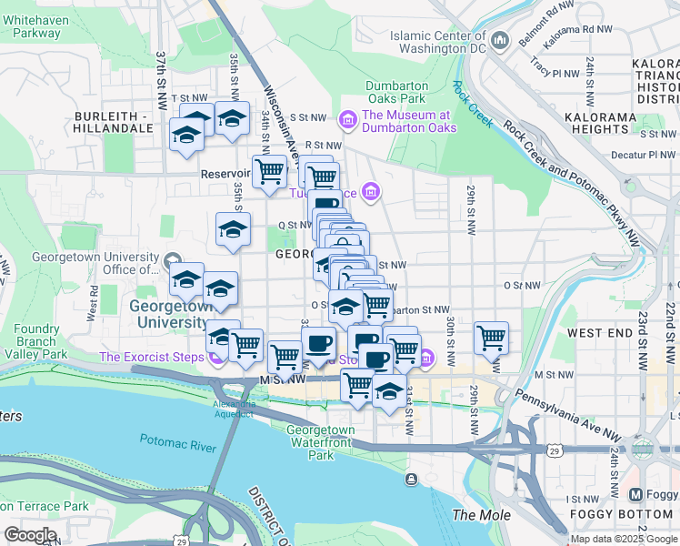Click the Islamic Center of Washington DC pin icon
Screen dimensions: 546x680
click(499, 41)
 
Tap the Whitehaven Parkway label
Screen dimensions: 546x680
click(36, 25)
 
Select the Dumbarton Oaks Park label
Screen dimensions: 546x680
click(395, 92)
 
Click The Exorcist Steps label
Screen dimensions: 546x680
click(152, 357)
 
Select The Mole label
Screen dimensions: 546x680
click(475, 515)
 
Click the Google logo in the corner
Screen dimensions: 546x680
click(30, 535)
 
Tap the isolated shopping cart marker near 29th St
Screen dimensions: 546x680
click(491, 338)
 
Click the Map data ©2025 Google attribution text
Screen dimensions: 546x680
click(624, 539)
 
